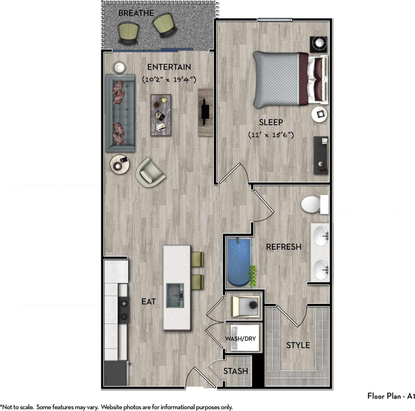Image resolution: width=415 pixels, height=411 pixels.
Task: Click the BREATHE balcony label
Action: (x=136, y=13)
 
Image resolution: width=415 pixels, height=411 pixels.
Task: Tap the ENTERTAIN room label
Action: (x=169, y=67)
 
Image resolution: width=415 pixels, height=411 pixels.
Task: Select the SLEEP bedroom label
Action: (x=271, y=122)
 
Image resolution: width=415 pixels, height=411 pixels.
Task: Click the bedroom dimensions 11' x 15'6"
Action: (x=270, y=135)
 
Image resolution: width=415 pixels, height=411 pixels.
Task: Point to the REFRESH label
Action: (x=283, y=247)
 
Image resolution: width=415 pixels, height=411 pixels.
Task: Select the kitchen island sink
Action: (x=175, y=295)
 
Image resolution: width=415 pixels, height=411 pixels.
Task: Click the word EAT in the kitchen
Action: (x=148, y=301)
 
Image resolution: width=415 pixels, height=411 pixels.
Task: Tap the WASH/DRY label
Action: (x=240, y=339)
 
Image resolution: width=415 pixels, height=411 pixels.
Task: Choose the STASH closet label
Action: (x=235, y=371)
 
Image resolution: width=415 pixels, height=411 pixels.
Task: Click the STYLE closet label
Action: (x=298, y=345)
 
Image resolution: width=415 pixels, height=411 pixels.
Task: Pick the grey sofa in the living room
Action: (x=120, y=113)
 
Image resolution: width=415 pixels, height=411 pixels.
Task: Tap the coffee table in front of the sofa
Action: (x=161, y=115)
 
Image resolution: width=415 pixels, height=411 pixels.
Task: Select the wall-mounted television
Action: (x=204, y=112)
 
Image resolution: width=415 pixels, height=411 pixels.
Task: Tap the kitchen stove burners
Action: (x=124, y=310)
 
